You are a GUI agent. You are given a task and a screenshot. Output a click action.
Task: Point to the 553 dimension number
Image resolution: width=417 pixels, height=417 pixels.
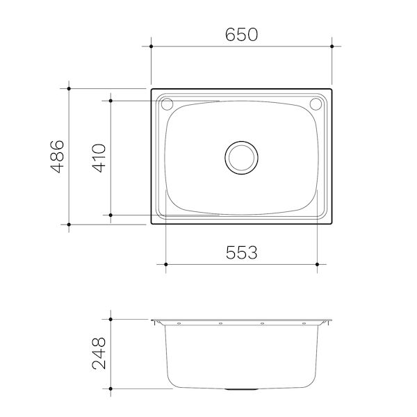tap(242, 252)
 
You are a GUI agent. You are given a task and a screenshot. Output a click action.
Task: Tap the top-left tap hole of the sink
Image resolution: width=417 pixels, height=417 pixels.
tap(167, 105)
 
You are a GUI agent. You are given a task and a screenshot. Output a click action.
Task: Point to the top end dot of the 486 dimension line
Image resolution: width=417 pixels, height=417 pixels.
tap(69, 88)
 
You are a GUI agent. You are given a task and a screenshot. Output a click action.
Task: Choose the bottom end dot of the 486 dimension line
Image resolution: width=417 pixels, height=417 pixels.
tap(69, 224)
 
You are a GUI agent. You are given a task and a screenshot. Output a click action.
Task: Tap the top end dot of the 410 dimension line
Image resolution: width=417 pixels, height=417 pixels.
tap(110, 100)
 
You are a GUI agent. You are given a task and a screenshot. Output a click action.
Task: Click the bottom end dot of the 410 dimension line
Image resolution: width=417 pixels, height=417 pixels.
tap(110, 215)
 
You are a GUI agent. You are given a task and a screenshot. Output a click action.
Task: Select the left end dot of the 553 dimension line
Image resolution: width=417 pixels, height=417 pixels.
tap(165, 265)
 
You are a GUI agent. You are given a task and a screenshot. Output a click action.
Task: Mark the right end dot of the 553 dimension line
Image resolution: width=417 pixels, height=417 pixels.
tap(318, 265)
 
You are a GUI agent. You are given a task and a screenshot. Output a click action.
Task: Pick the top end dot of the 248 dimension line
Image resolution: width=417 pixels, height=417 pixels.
tap(110, 319)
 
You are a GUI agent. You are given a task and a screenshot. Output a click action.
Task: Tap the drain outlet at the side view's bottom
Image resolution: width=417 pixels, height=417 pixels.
tap(241, 389)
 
